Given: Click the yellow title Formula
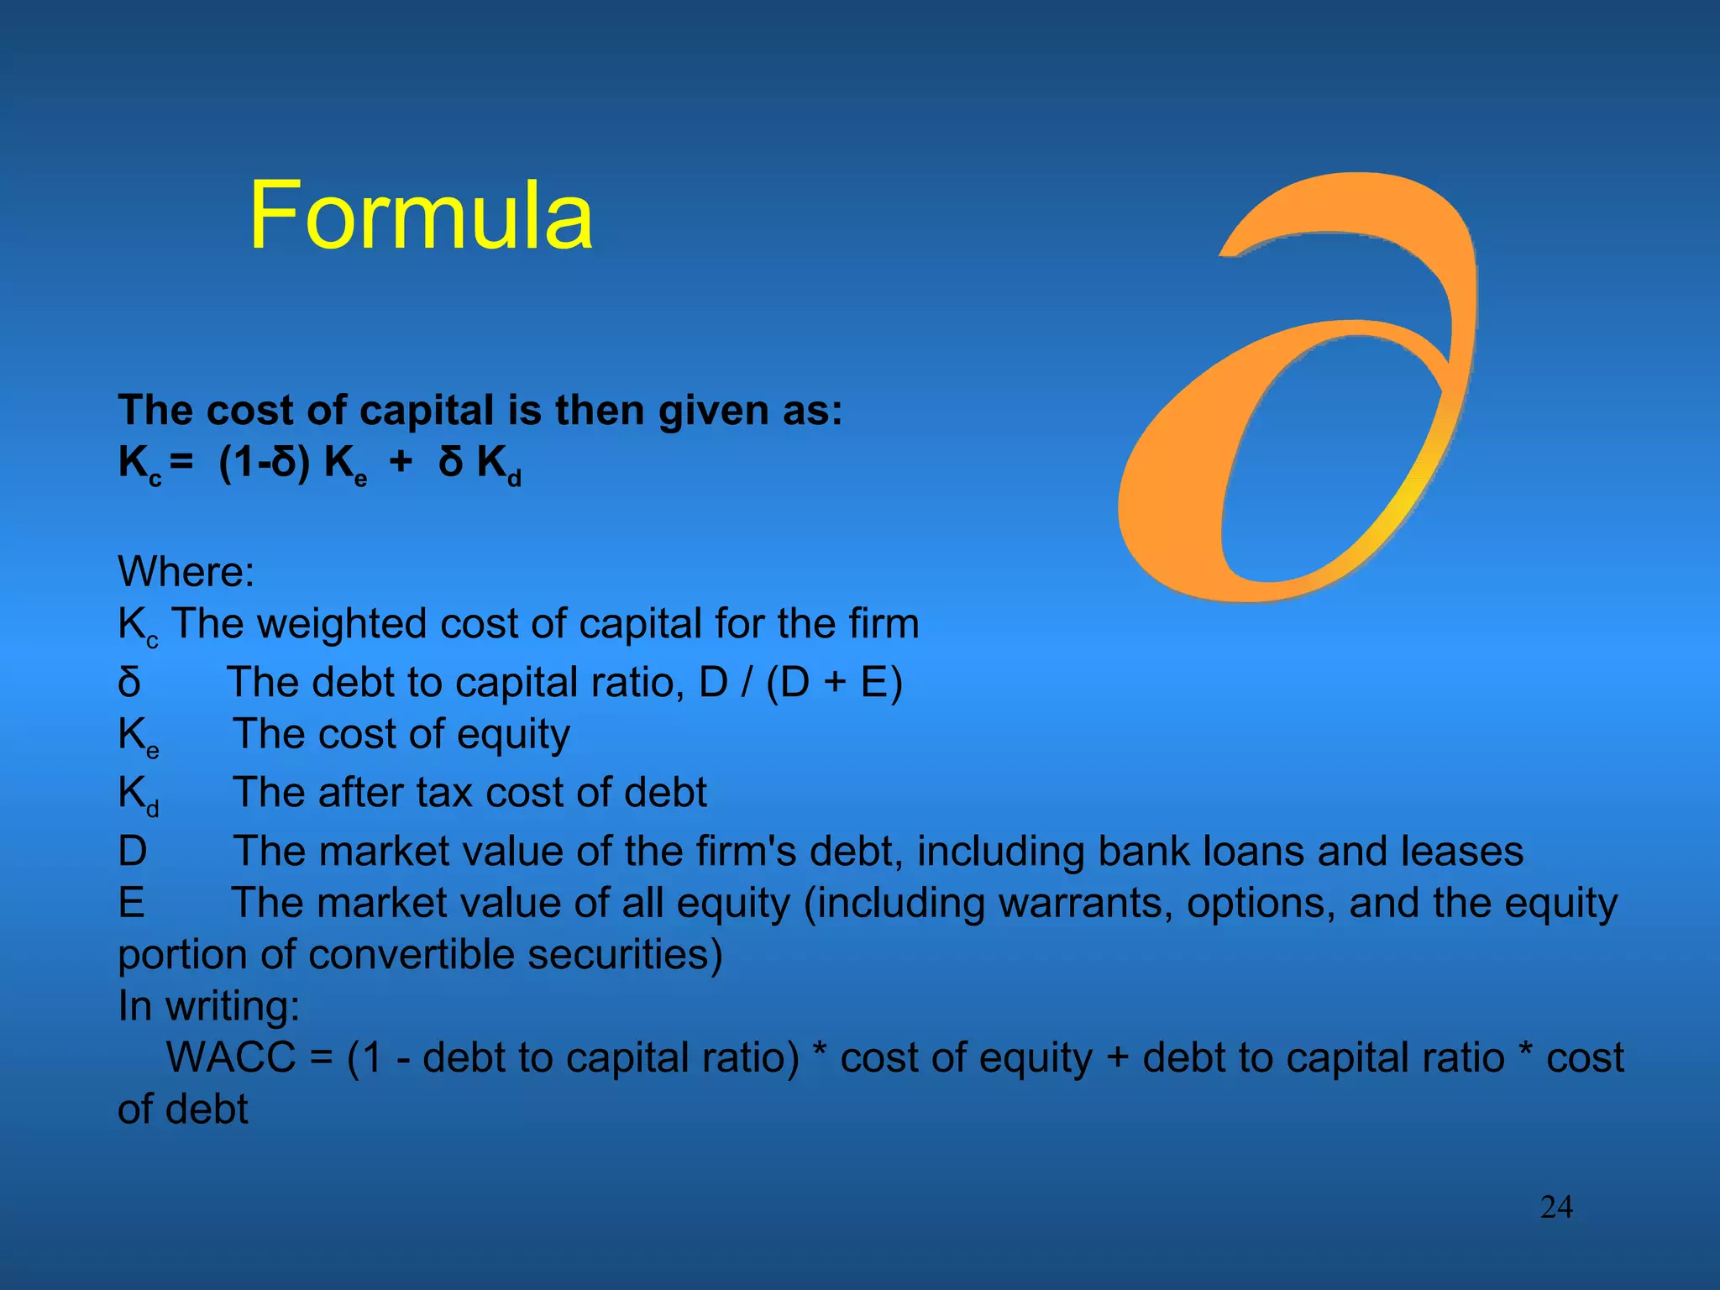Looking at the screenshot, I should (421, 216).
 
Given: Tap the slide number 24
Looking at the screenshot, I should (1556, 1207).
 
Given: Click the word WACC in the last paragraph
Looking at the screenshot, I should (231, 1057).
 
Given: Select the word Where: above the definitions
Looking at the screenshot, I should (186, 572).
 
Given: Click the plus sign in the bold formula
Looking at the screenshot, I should (401, 462).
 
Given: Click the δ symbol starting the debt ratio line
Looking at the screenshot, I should (129, 682).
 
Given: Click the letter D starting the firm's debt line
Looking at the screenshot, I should (133, 852).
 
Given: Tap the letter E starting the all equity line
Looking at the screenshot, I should (131, 904).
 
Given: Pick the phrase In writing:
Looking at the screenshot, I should (208, 1006).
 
